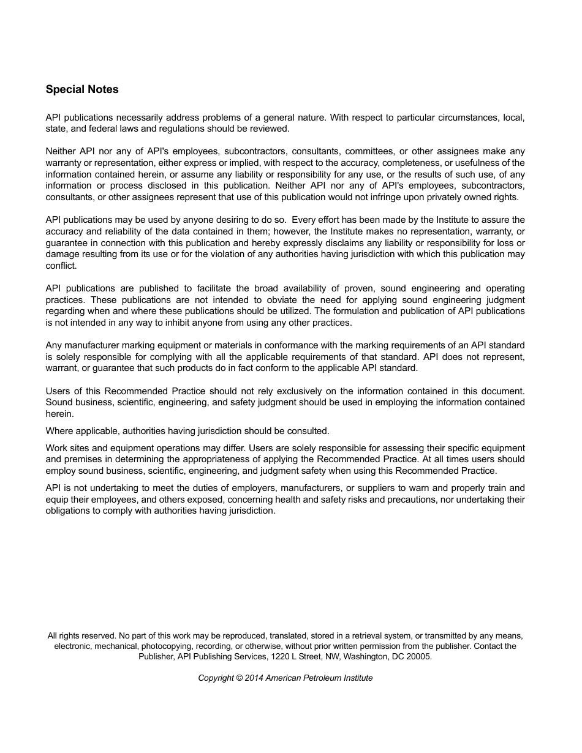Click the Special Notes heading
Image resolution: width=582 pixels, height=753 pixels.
82,89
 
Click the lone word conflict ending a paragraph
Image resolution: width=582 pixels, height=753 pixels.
61,266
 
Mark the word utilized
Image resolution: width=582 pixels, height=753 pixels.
293,311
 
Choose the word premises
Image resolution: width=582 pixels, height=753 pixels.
83,459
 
